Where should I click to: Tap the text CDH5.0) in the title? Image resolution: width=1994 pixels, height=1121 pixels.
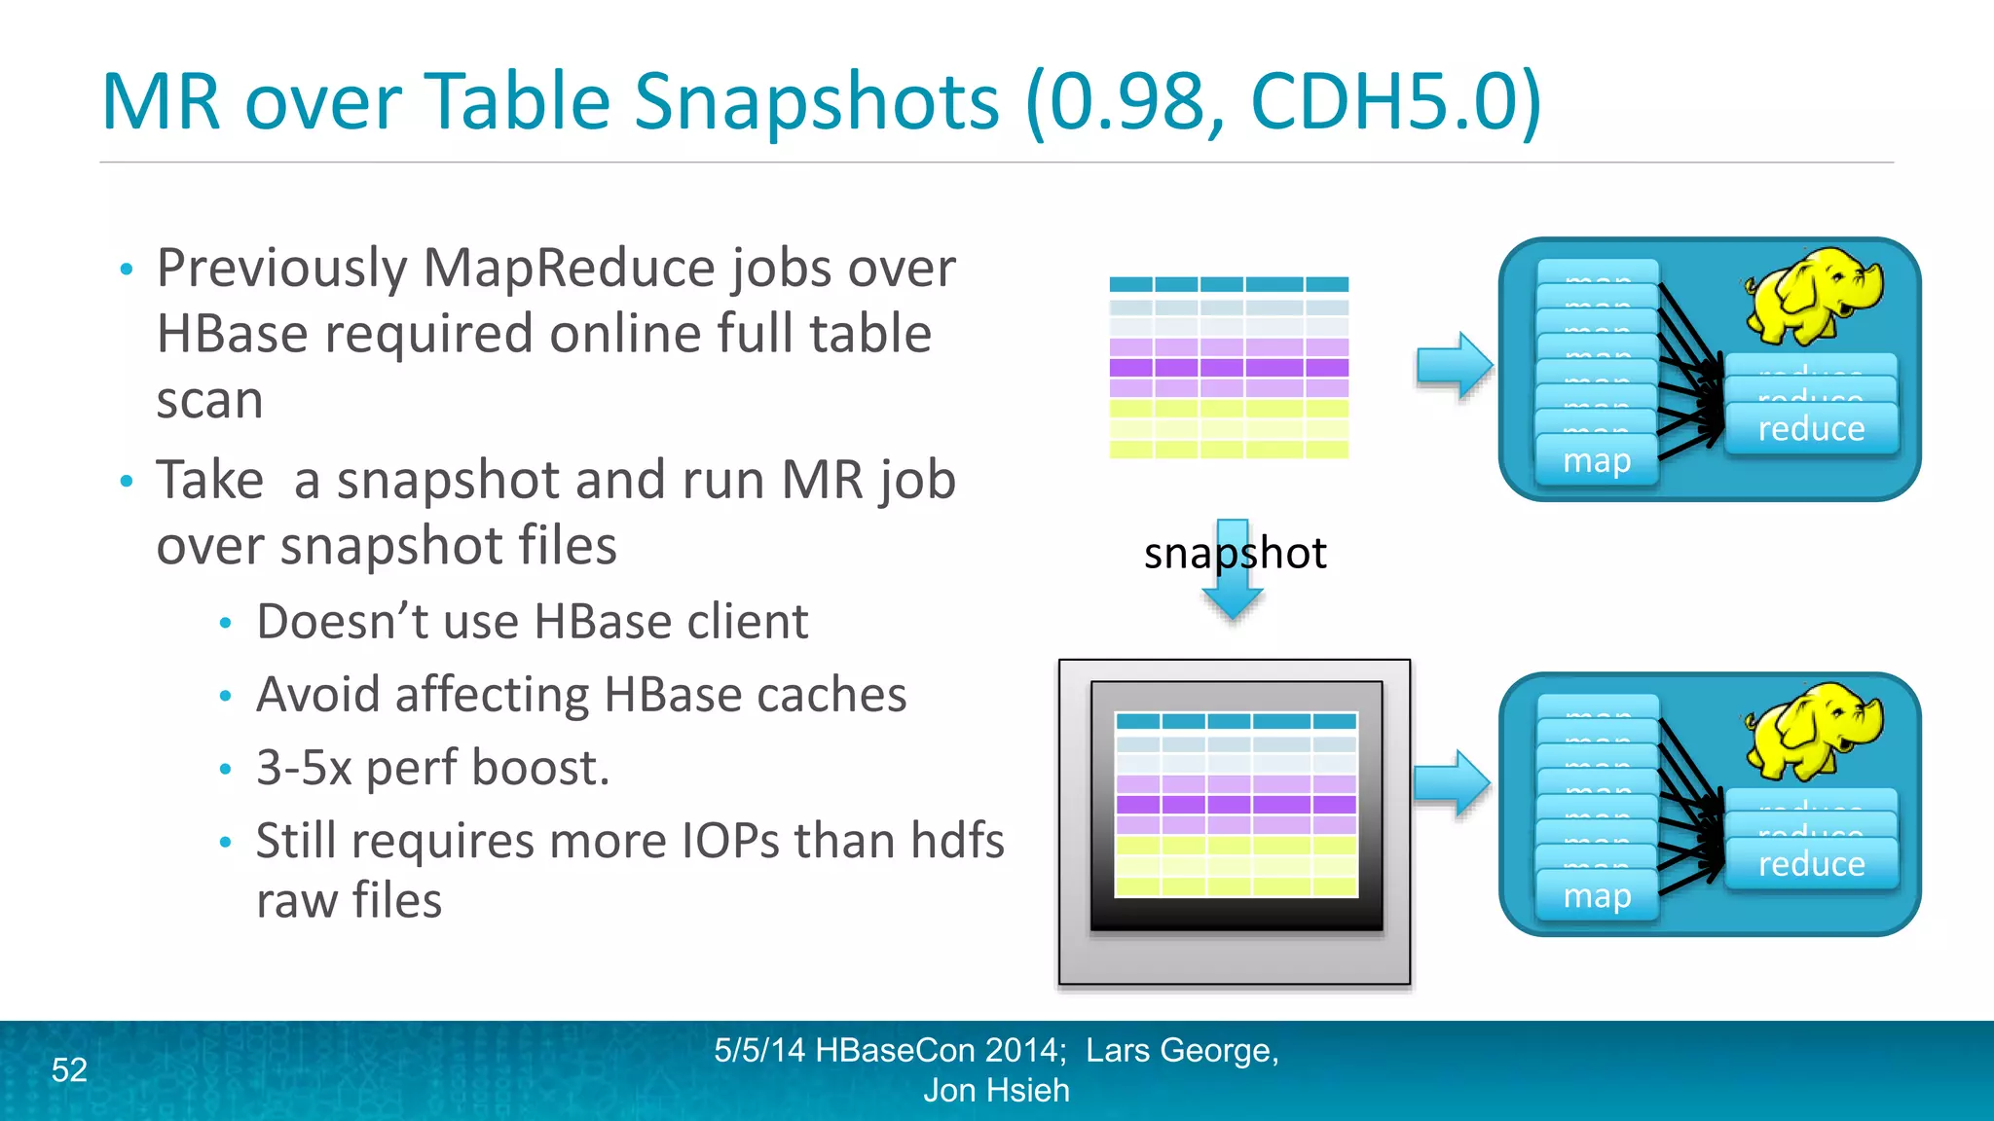coord(1395,101)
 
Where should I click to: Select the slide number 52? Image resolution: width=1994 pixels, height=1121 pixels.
coord(69,1069)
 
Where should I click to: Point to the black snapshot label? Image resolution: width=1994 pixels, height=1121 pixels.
coord(1235,553)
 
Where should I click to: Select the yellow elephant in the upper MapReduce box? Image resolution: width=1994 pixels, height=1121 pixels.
coord(1812,296)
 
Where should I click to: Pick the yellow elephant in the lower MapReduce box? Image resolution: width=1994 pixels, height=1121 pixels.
coord(1812,731)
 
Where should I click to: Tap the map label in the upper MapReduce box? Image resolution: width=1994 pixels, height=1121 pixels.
coord(1597,460)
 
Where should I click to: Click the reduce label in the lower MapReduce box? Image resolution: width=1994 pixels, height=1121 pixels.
coord(1811,864)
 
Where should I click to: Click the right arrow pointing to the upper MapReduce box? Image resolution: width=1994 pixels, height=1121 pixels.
coord(1454,366)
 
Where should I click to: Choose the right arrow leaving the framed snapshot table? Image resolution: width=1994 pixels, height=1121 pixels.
coord(1451,782)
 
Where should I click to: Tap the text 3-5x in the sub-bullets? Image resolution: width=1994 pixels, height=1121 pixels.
coord(303,767)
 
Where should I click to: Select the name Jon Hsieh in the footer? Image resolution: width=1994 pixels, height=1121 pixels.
coord(996,1091)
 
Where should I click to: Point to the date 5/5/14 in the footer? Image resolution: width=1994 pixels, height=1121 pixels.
coord(759,1050)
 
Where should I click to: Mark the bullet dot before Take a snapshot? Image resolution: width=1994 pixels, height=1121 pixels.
coord(126,481)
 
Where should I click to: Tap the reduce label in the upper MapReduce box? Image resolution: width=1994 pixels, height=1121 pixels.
coord(1811,429)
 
